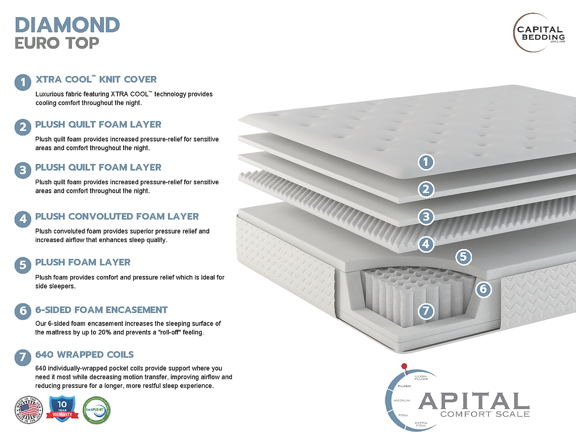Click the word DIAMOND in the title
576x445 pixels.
point(67,24)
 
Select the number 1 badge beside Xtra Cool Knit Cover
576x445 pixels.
point(23,83)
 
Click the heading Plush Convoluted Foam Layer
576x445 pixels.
point(117,217)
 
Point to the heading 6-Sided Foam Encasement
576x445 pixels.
point(101,310)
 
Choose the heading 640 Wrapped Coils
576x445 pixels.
point(84,355)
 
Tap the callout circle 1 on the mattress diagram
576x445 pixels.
point(426,162)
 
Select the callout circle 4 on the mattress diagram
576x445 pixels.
point(426,244)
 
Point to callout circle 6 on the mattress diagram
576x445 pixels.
point(482,289)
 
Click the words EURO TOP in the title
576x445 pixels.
point(57,43)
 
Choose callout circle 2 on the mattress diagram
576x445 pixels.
point(426,189)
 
